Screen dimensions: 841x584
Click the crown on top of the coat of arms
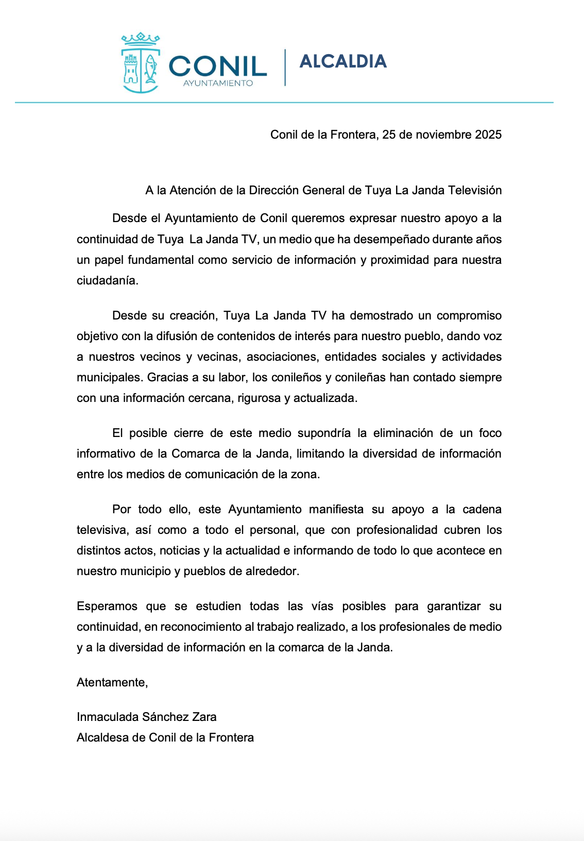click(140, 39)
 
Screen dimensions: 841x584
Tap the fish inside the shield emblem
click(150, 69)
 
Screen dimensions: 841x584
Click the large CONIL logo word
click(217, 66)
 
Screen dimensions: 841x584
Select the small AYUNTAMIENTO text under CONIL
click(218, 83)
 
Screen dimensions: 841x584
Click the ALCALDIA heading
click(343, 61)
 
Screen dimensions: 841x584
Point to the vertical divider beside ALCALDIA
click(285, 67)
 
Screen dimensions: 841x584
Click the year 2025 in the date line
click(488, 134)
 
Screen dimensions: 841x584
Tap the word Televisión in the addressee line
click(475, 190)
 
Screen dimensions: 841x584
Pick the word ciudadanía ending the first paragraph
click(107, 280)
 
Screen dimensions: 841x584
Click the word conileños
click(296, 377)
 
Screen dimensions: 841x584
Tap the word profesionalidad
click(397, 530)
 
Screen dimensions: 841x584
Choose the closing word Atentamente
click(112, 682)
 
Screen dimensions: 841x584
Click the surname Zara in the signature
click(204, 717)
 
